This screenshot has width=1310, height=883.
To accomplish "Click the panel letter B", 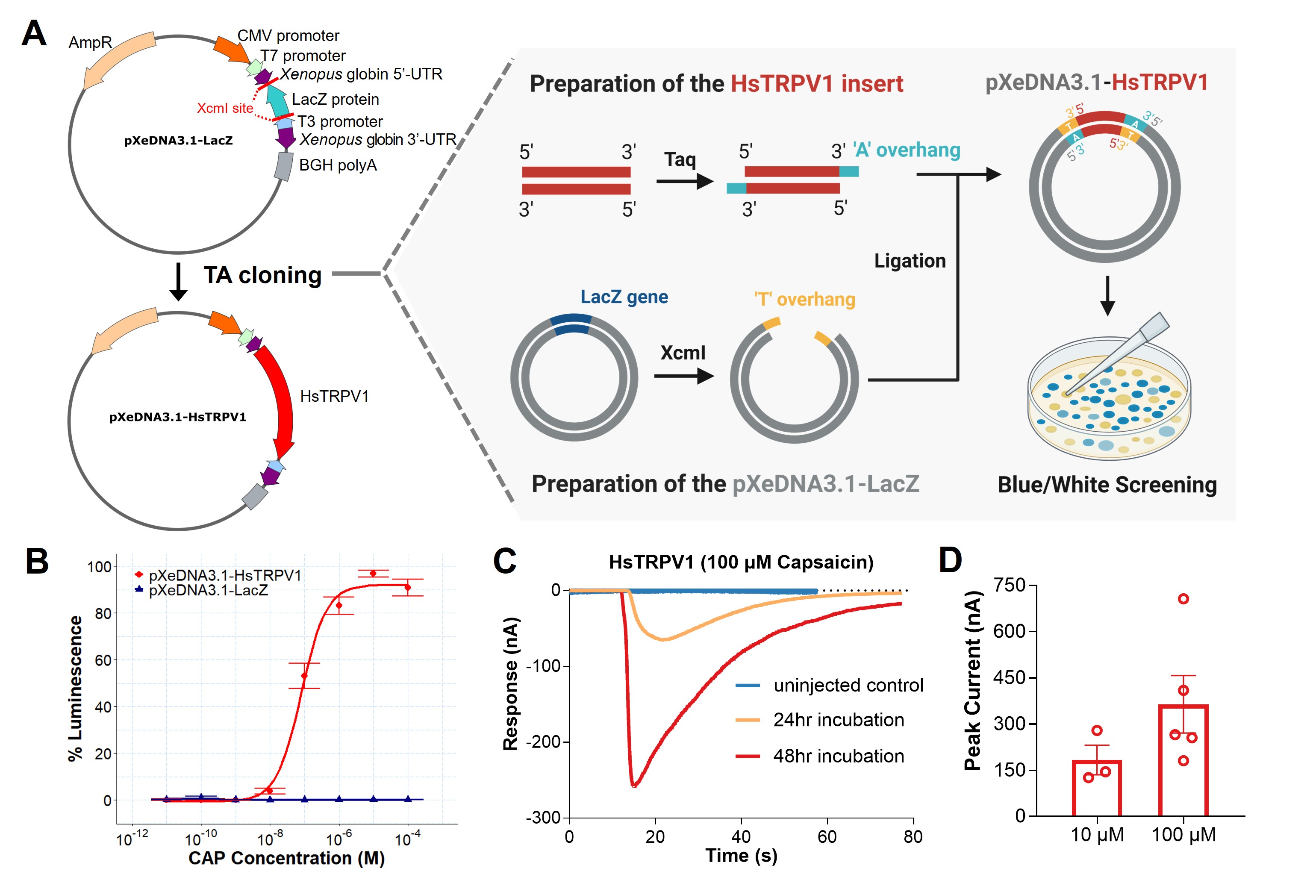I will point(37,562).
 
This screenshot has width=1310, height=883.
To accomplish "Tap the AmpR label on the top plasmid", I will point(90,43).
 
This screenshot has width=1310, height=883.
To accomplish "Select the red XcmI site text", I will point(225,108).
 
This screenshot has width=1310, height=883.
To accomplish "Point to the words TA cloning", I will point(262,275).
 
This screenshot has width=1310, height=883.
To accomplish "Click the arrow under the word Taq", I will point(684,181).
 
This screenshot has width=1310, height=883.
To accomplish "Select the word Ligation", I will point(910,261).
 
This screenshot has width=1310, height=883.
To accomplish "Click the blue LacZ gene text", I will point(624,297).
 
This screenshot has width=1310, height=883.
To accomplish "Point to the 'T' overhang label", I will point(804,299).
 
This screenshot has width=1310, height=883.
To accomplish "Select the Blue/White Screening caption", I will point(1107,485).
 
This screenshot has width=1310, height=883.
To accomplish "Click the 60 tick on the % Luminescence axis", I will point(103,660).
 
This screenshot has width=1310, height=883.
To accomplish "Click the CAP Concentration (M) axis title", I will point(286,858).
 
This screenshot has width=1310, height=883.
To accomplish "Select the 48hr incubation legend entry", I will point(838,756).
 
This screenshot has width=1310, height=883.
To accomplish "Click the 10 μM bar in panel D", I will point(1097,789).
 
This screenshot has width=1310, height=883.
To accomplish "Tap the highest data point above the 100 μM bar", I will point(1183,599).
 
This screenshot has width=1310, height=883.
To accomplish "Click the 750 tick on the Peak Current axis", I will point(1009,586).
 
